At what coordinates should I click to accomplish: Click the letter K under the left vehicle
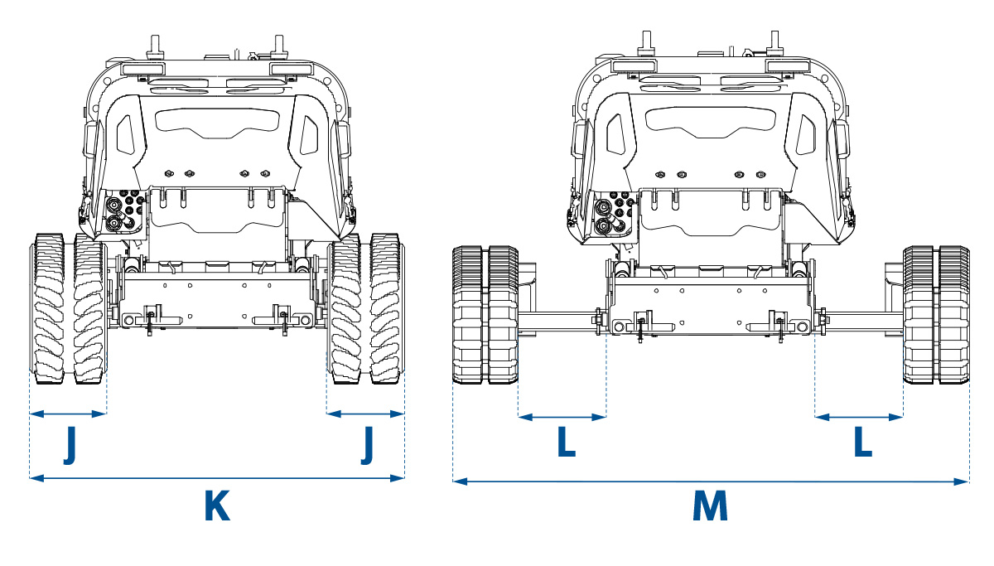[216, 506]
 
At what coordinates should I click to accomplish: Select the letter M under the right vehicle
[710, 506]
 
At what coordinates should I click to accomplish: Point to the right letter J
[368, 447]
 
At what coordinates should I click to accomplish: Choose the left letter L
[566, 444]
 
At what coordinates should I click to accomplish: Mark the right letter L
[863, 444]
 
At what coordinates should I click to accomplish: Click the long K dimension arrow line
[216, 477]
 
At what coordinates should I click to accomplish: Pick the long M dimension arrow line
[710, 481]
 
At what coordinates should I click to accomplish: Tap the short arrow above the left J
[68, 414]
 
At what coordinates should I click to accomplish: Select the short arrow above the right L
[859, 417]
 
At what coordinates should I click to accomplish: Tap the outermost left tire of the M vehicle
[469, 315]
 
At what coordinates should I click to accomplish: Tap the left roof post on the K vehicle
[154, 46]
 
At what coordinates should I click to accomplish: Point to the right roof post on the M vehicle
[775, 41]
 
